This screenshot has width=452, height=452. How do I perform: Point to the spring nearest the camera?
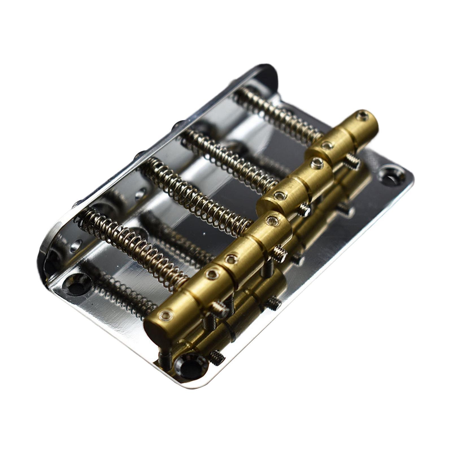133,245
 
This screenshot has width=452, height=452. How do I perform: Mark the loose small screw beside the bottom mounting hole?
218,357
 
